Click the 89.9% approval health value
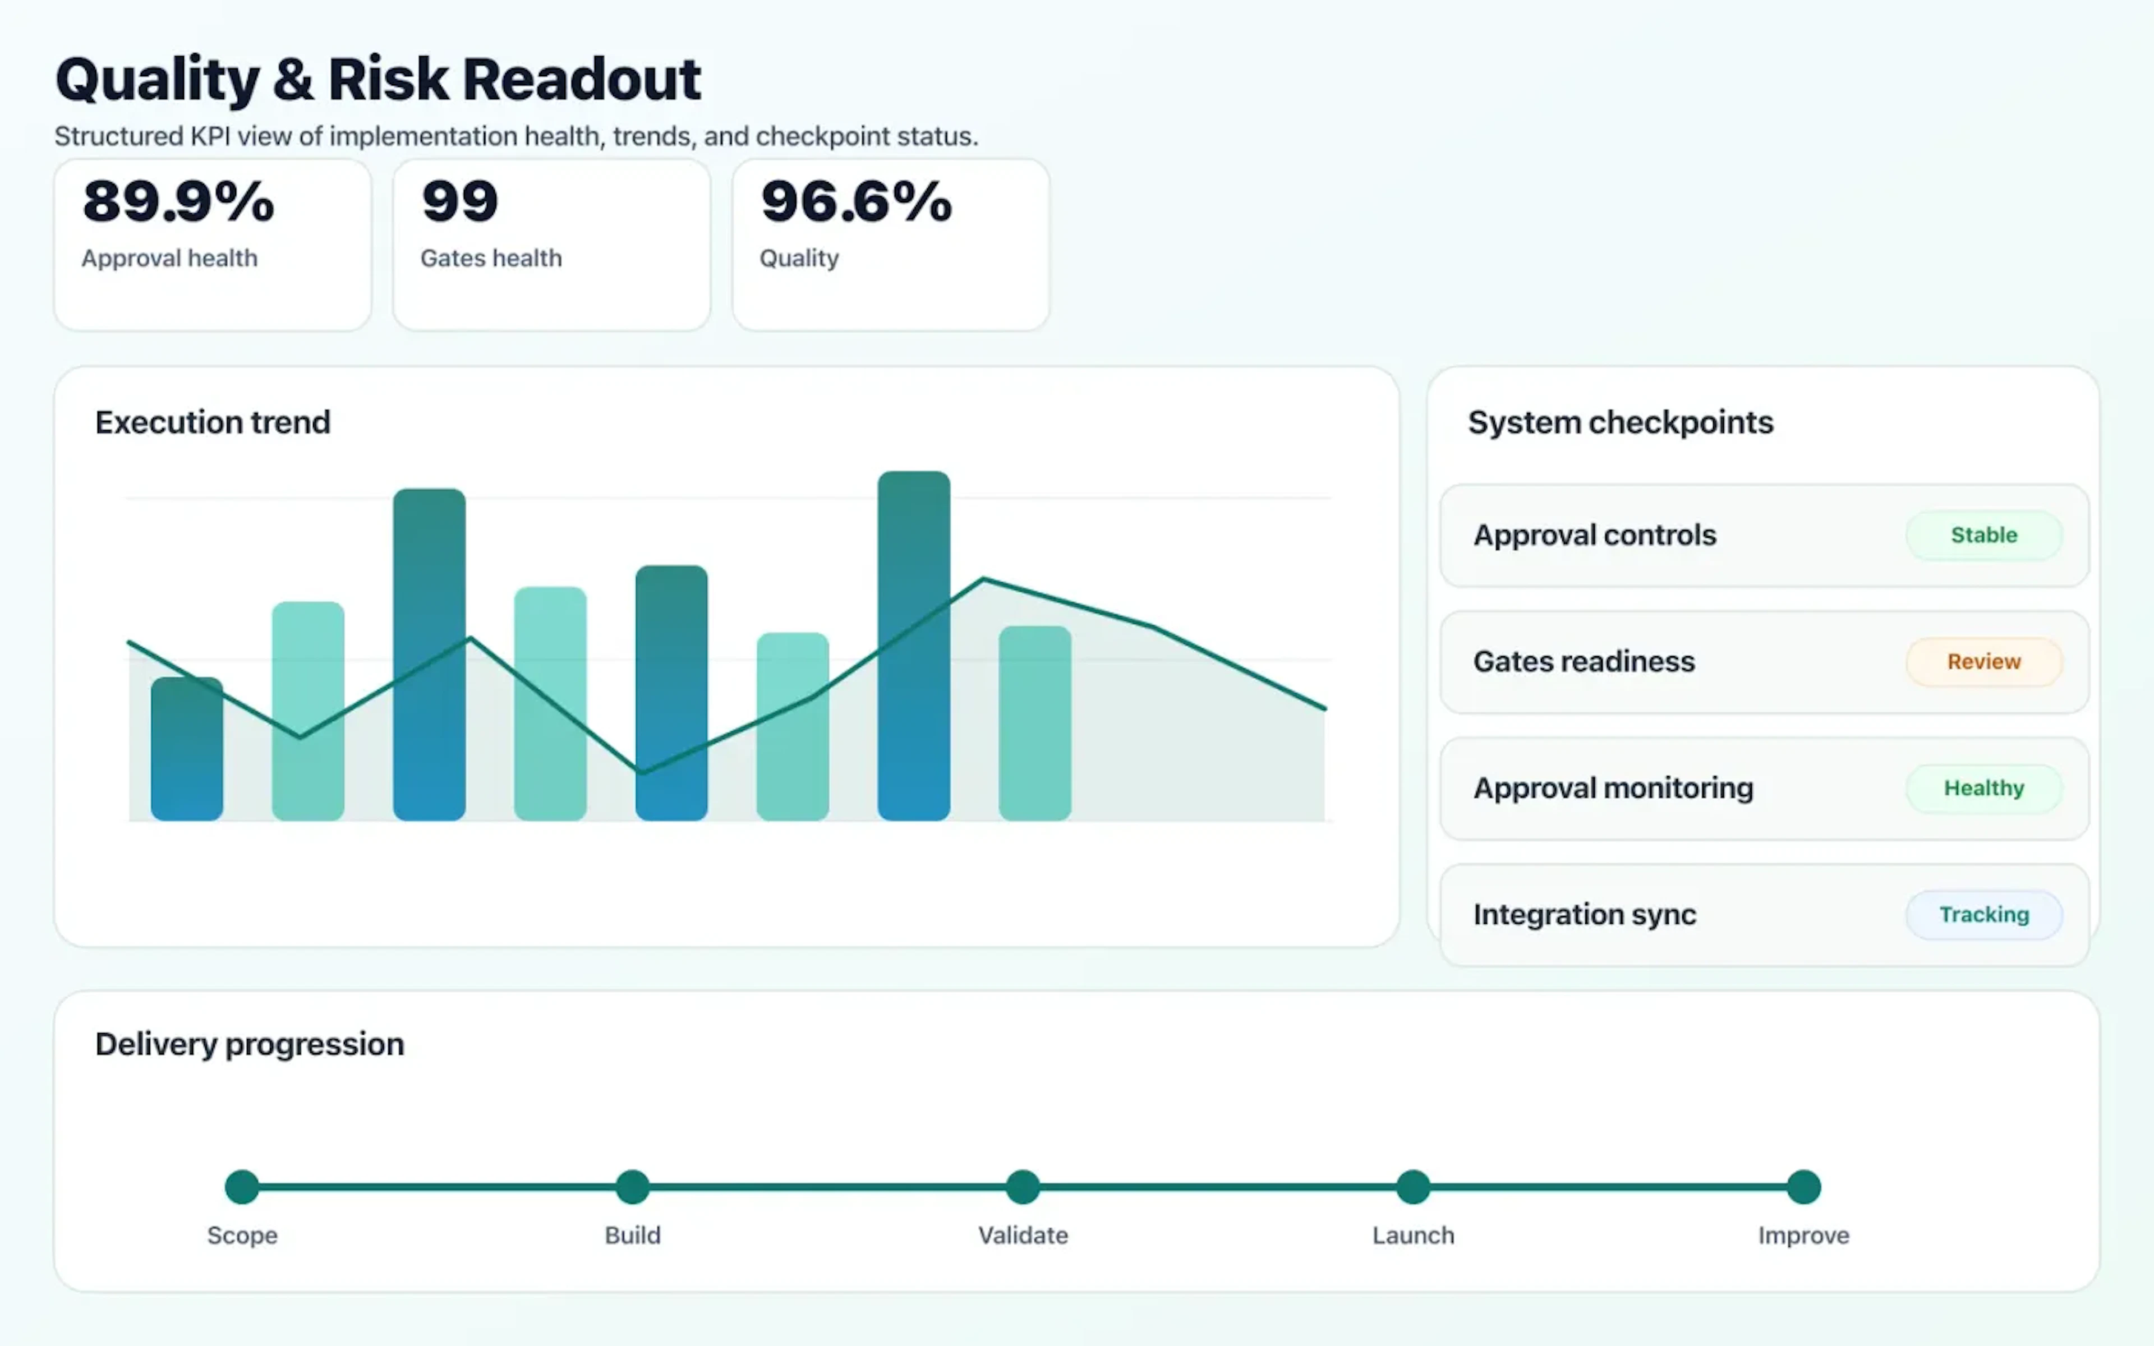point(178,201)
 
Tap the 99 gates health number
point(459,201)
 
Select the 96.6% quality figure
point(856,201)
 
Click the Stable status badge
point(1983,535)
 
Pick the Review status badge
point(1983,661)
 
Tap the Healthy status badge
point(1983,788)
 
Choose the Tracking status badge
point(1983,914)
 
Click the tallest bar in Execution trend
point(913,646)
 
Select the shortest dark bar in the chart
point(187,749)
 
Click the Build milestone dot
point(633,1186)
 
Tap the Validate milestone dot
point(1023,1186)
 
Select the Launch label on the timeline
point(1412,1235)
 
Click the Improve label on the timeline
point(1803,1235)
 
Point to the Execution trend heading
point(213,422)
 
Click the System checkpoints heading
point(1620,422)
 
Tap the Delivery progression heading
point(249,1043)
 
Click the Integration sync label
point(1584,914)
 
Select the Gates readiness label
point(1584,661)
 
